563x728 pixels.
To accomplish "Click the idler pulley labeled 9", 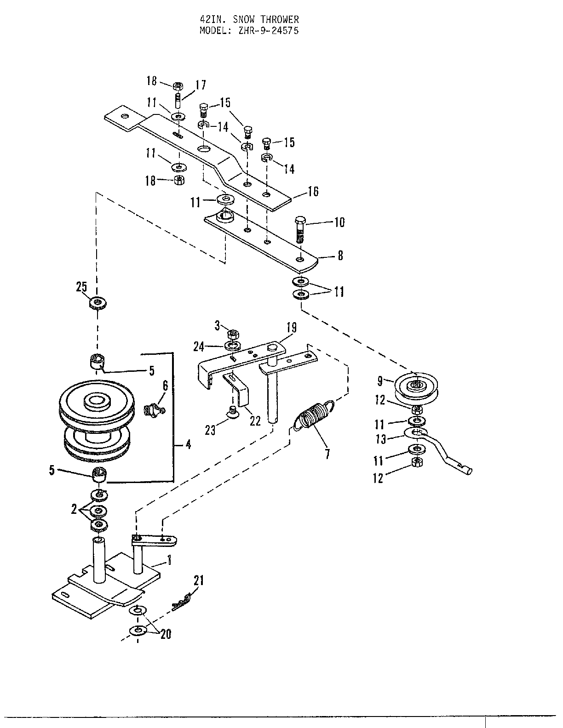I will tap(417, 386).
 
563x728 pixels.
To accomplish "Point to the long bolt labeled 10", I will tap(299, 230).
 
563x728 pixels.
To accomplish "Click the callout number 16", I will tap(313, 191).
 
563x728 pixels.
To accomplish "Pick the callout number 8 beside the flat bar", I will tap(340, 255).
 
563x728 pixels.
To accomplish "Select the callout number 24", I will tap(199, 347).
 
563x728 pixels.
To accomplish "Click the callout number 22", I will tap(255, 421).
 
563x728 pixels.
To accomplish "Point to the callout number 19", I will tap(291, 328).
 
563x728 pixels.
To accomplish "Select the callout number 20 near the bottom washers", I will tap(166, 634).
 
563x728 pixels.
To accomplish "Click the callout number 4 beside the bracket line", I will tap(189, 444).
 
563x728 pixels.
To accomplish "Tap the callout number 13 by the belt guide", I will tap(380, 439).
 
